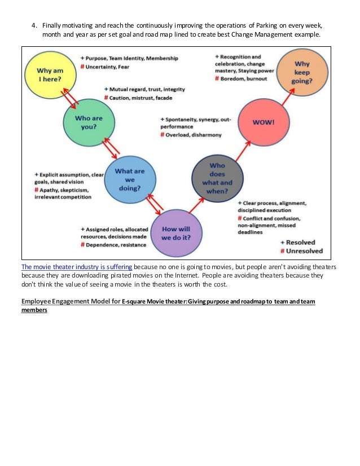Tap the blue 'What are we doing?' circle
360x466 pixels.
[130, 179]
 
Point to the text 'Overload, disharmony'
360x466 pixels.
[194, 135]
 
